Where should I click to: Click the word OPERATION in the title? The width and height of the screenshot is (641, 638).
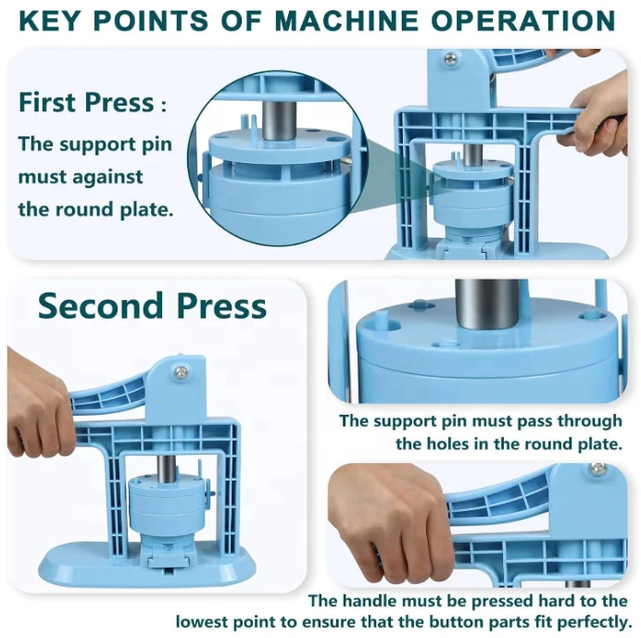coord(521,19)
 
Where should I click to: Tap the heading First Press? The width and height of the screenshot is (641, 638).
coord(84,102)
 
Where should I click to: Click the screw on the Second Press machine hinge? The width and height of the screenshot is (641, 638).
coord(181,372)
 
